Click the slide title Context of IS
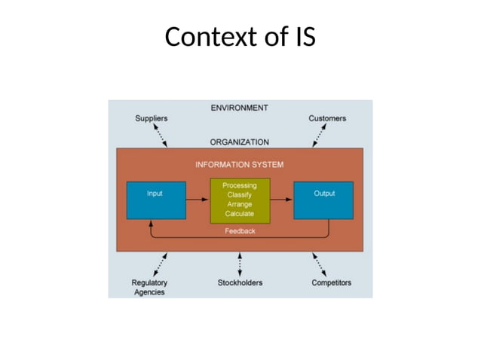pyautogui.click(x=240, y=37)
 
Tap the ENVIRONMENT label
pyautogui.click(x=239, y=108)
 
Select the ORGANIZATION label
pyautogui.click(x=239, y=141)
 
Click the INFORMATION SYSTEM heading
pyautogui.click(x=240, y=163)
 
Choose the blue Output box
pyautogui.click(x=323, y=200)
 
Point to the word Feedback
pyautogui.click(x=240, y=231)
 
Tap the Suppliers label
pyautogui.click(x=151, y=118)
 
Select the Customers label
pyautogui.click(x=327, y=118)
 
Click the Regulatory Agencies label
pyautogui.click(x=149, y=287)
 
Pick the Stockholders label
pyautogui.click(x=240, y=282)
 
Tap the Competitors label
pyautogui.click(x=331, y=282)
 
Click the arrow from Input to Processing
pyautogui.click(x=198, y=200)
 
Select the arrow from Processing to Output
pyautogui.click(x=281, y=200)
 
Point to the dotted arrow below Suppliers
pyautogui.click(x=161, y=136)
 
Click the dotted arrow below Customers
pyautogui.click(x=320, y=136)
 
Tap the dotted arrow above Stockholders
pyautogui.click(x=240, y=264)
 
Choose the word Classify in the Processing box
pyautogui.click(x=240, y=194)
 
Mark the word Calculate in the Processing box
pyautogui.click(x=240, y=213)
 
